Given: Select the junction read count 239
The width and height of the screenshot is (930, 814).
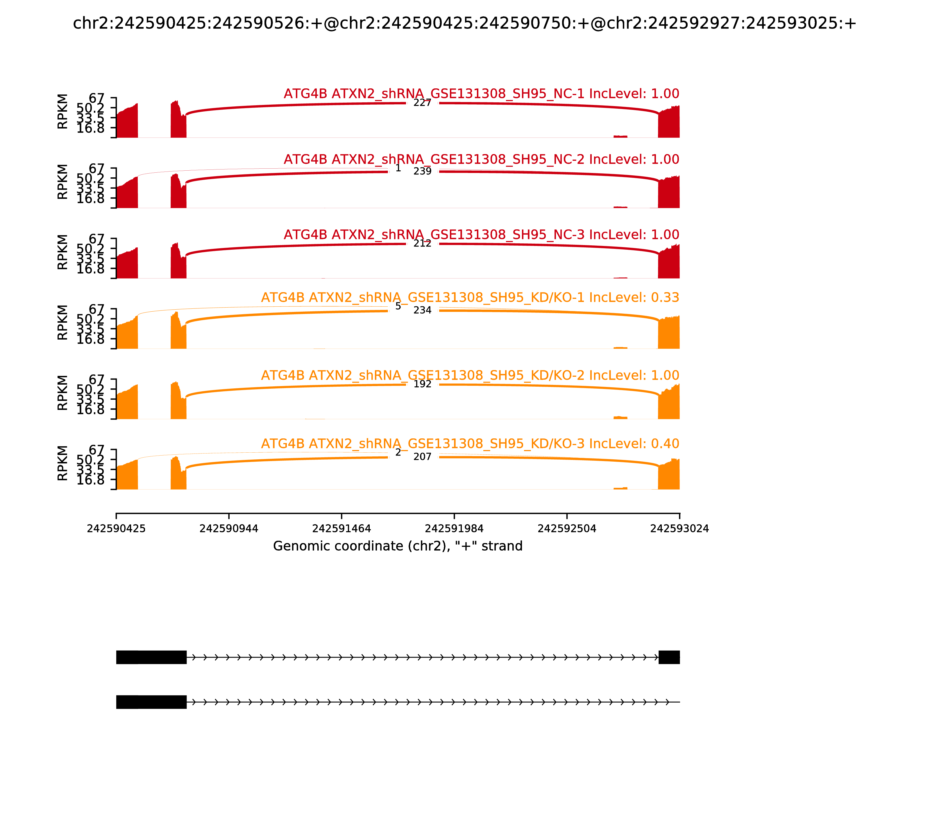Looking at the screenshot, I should (422, 171).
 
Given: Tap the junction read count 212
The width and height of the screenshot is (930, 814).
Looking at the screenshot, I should (422, 244).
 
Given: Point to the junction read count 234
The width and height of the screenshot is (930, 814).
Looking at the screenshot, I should (422, 310).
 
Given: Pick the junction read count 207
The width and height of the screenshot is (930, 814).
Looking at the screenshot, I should (422, 456).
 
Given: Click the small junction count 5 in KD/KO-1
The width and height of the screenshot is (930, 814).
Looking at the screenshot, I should (398, 306).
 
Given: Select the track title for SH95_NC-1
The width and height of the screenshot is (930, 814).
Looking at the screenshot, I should (481, 94).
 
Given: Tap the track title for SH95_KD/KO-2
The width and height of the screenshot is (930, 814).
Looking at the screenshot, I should (470, 375).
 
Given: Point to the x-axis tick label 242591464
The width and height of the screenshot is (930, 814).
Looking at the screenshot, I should (341, 529).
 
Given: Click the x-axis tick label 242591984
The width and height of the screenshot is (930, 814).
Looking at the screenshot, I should (454, 529).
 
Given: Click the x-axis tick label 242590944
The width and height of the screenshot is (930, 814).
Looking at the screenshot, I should (229, 529).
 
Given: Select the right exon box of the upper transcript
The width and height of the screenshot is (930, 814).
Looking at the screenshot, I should (669, 657).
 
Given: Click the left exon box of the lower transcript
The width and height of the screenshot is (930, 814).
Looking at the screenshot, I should (151, 702).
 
